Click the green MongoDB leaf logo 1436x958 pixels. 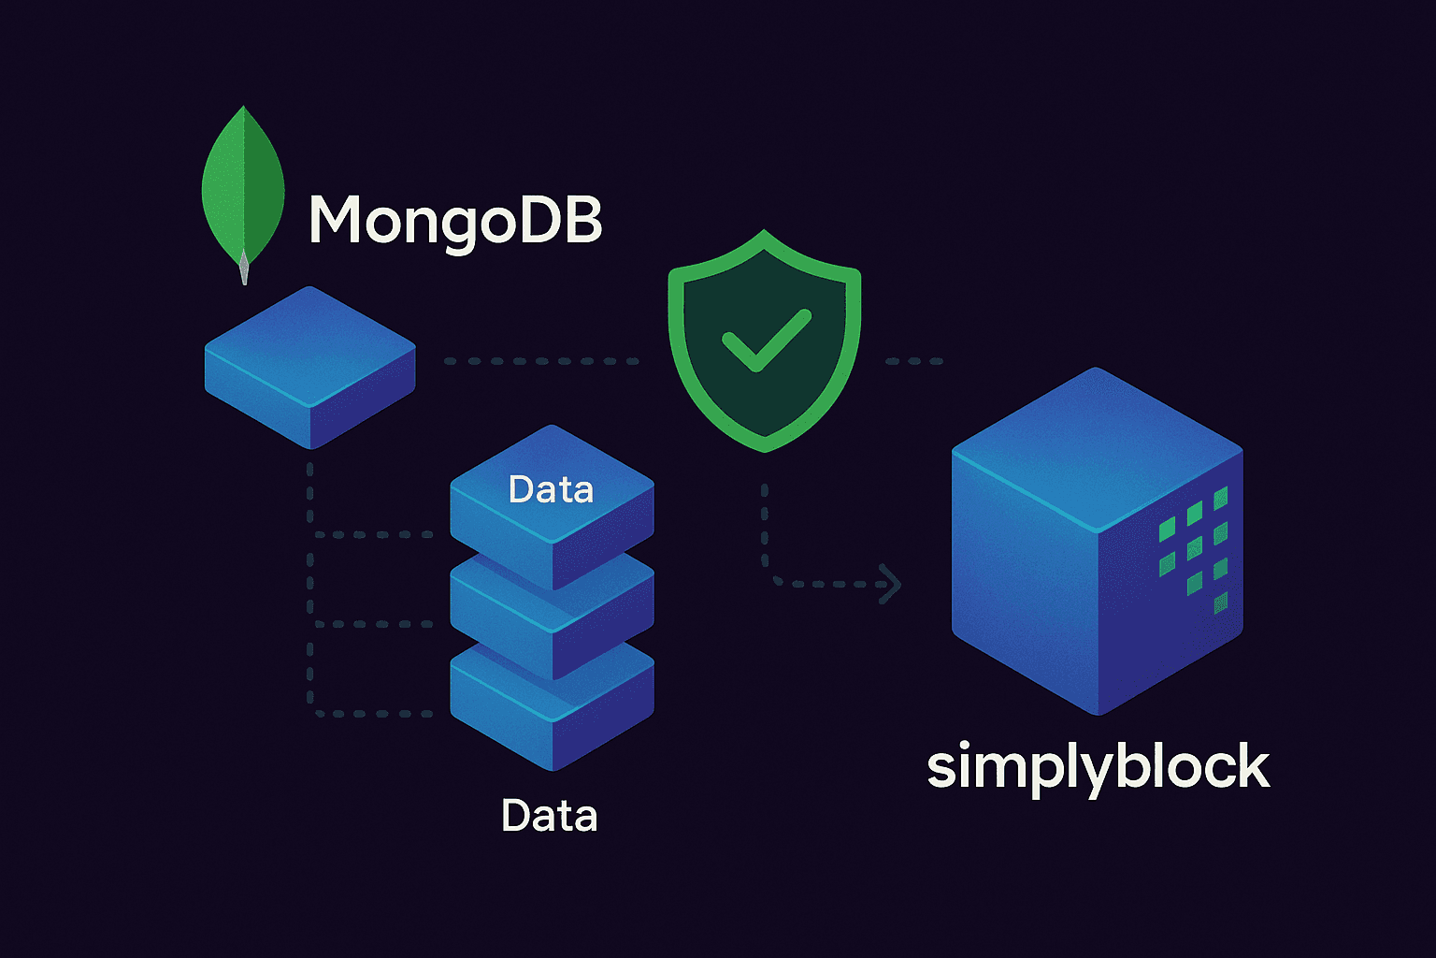pyautogui.click(x=243, y=187)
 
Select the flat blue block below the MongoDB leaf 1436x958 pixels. pyautogui.click(x=309, y=365)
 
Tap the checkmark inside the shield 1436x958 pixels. pyautogui.click(x=766, y=340)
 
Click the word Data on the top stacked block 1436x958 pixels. pyautogui.click(x=551, y=489)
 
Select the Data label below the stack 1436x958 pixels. pyautogui.click(x=549, y=816)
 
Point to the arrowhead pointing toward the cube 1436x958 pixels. pyautogui.click(x=892, y=585)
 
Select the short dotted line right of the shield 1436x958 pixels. pyautogui.click(x=913, y=361)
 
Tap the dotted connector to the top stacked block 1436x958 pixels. pyautogui.click(x=374, y=535)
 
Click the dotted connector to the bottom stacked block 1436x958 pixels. pyautogui.click(x=374, y=714)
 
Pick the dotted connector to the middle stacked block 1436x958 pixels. pyautogui.click(x=374, y=624)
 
